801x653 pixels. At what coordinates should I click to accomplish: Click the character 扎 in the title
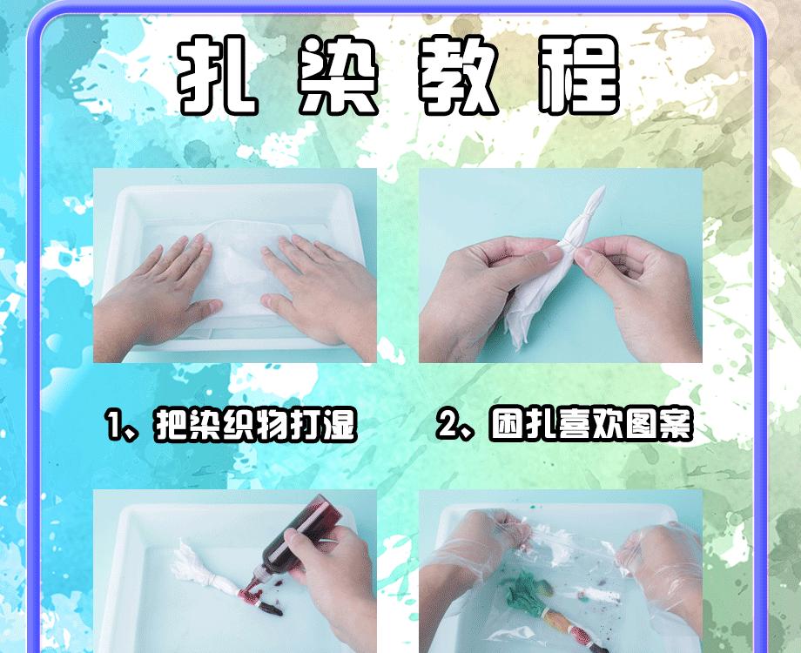click(218, 77)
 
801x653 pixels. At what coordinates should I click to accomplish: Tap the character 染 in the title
click(338, 77)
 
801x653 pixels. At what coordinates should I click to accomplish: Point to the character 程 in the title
click(578, 77)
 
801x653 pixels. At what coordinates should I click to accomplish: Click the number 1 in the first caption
click(114, 427)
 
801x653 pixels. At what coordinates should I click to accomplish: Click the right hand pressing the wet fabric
click(313, 287)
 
